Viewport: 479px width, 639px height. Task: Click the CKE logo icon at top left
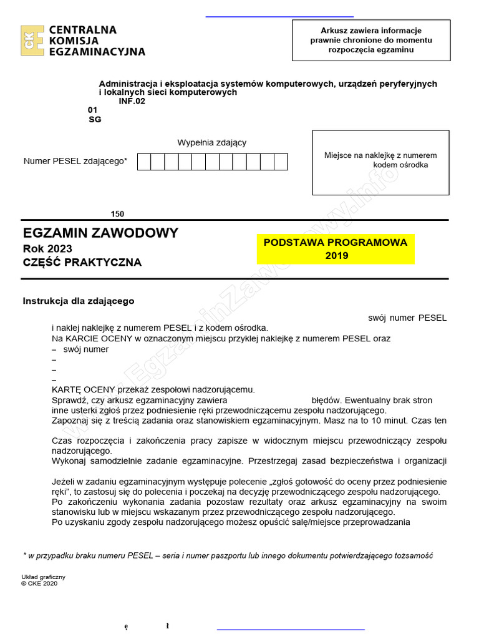(32, 41)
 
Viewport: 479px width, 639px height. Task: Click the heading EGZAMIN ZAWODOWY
(100, 233)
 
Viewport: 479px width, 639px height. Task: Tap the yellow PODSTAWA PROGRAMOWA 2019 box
(336, 249)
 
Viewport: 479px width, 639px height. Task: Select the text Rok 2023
(47, 248)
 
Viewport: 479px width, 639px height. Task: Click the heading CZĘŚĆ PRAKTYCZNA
(82, 263)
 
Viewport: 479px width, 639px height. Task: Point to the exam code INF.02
(132, 100)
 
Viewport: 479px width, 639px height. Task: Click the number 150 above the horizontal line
(117, 214)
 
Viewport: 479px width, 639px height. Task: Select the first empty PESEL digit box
(144, 162)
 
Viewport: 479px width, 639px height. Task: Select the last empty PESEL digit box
(281, 162)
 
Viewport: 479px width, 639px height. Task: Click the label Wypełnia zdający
(211, 142)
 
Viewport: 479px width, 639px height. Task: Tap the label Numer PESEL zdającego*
(75, 161)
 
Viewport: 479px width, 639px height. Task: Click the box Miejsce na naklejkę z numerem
(380, 162)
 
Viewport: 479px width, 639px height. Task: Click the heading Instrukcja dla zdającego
(79, 301)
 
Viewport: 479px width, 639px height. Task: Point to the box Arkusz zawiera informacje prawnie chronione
(371, 40)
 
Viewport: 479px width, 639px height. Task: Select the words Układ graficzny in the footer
(43, 577)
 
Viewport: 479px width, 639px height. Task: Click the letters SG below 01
(95, 119)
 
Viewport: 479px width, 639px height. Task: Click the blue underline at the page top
(279, 16)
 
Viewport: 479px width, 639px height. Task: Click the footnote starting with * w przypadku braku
(228, 555)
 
